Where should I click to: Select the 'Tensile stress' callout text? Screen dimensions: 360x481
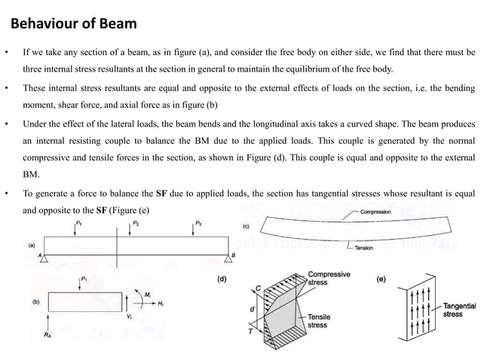point(320,322)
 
